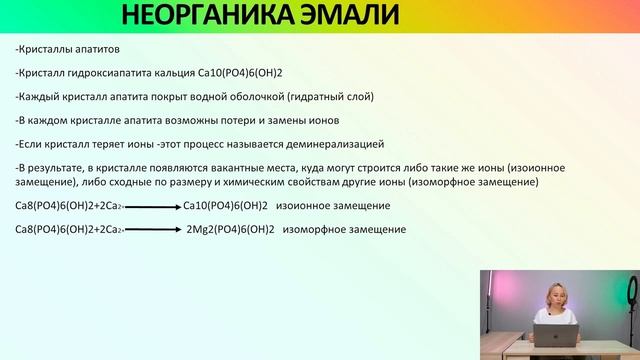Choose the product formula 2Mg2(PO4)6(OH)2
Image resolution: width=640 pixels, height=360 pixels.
[231, 230]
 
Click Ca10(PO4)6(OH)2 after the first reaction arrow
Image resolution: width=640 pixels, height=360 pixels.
[226, 206]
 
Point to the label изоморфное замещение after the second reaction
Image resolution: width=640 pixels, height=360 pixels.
[344, 230]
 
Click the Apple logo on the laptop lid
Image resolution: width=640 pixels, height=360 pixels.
[556, 337]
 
